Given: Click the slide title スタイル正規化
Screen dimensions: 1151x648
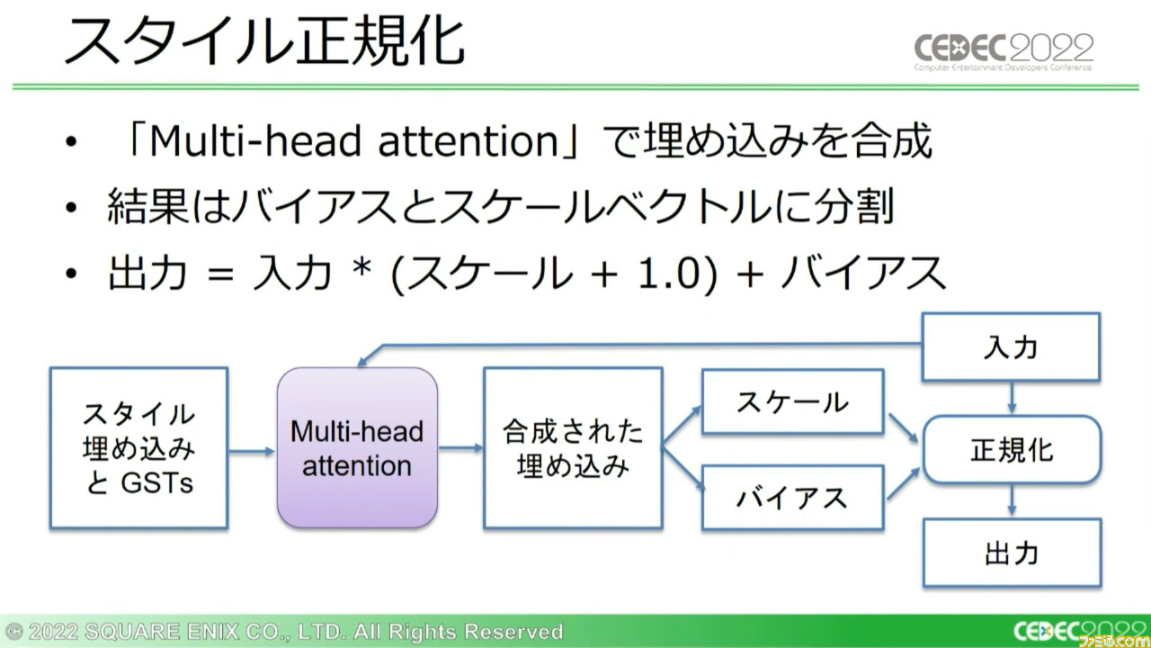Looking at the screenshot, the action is tap(264, 41).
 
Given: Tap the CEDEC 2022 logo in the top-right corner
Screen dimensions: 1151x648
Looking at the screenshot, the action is tap(1004, 52).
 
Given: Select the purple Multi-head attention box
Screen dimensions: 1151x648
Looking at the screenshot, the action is tap(357, 447).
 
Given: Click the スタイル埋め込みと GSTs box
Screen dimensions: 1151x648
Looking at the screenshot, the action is tap(138, 448).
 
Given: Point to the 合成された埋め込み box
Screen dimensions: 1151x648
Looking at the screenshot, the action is tap(573, 448).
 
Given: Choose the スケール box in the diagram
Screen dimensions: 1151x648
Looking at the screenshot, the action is tap(793, 401).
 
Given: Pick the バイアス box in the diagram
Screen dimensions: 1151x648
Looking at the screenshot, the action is tap(793, 498).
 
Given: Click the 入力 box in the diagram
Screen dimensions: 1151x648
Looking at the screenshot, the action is tap(1012, 346).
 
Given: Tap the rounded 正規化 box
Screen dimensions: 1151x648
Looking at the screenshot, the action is tap(1013, 449).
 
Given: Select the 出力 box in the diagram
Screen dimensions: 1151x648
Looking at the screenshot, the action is tap(1013, 553).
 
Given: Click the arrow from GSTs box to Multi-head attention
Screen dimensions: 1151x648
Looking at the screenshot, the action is tap(252, 452).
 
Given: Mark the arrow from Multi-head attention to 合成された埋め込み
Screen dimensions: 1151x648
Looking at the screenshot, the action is tap(461, 447).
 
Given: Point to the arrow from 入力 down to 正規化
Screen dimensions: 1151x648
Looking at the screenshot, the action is tap(1012, 398).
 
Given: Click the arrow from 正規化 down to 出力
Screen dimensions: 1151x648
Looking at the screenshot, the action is tap(1012, 500).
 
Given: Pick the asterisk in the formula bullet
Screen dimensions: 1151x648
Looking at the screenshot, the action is tap(362, 268).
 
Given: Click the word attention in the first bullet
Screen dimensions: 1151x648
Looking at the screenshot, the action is tap(468, 141).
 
